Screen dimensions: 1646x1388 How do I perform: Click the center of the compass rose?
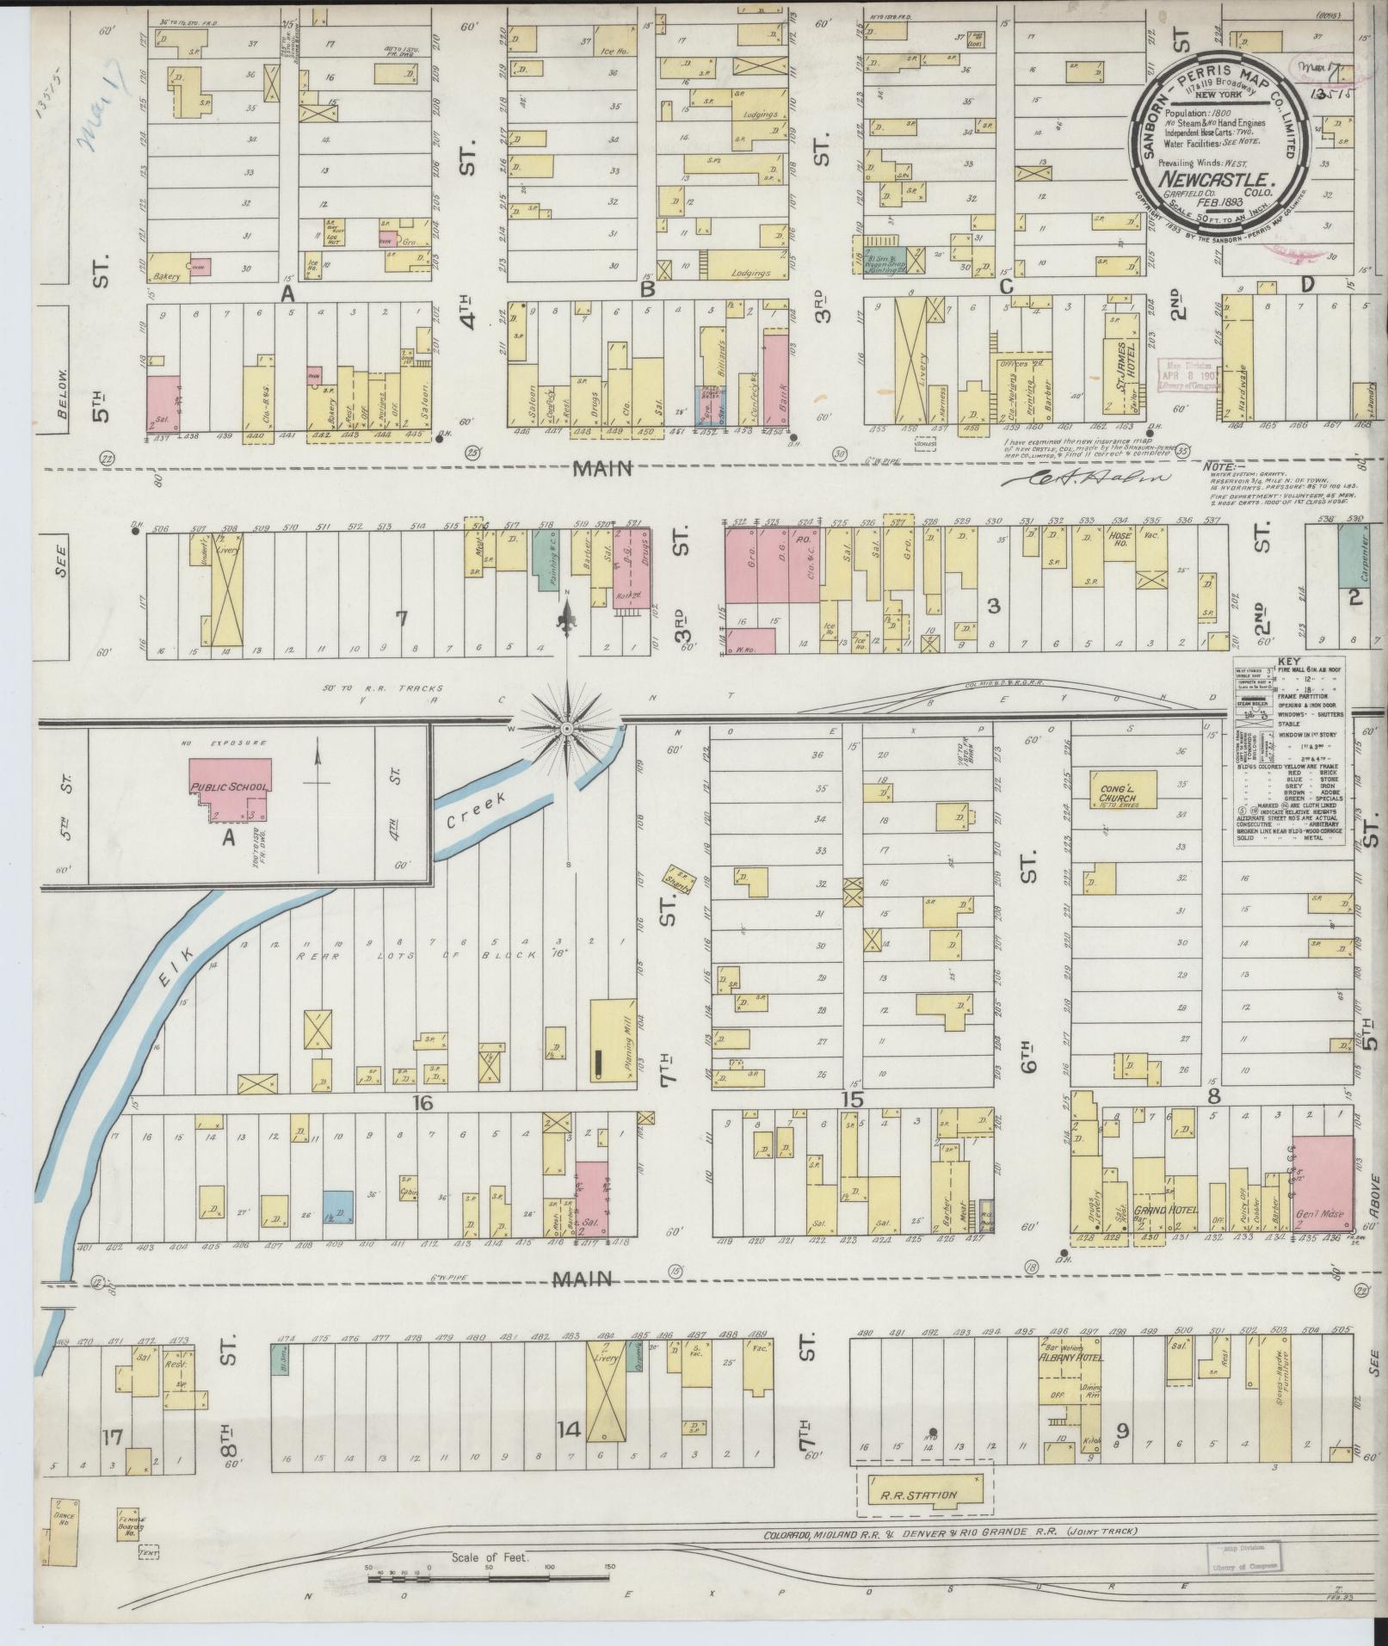tap(567, 730)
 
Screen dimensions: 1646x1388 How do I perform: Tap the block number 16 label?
tap(421, 1102)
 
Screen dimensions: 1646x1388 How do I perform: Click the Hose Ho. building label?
tap(1120, 552)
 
